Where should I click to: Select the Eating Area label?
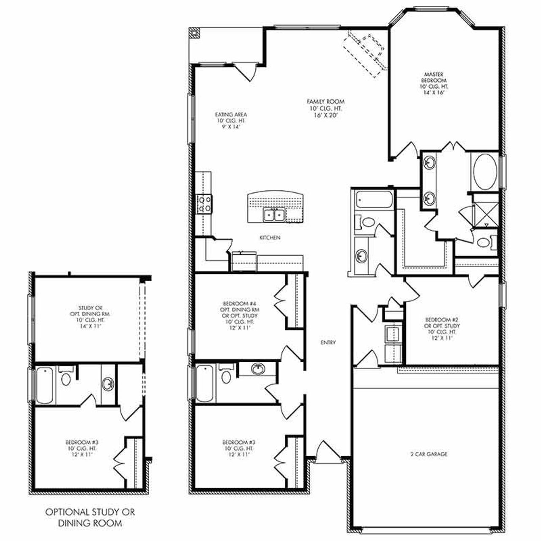coord(231,120)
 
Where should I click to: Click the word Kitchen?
coord(270,238)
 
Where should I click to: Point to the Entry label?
coord(328,342)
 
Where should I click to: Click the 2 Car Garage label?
coord(429,454)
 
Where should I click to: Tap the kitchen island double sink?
coord(273,215)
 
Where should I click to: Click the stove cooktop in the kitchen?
coord(205,204)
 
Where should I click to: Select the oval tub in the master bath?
coord(485,172)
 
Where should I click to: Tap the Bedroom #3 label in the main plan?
coord(239,448)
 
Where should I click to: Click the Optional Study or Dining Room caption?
coord(90,517)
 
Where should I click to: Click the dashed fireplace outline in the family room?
coord(366,51)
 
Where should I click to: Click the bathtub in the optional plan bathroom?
coord(45,385)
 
